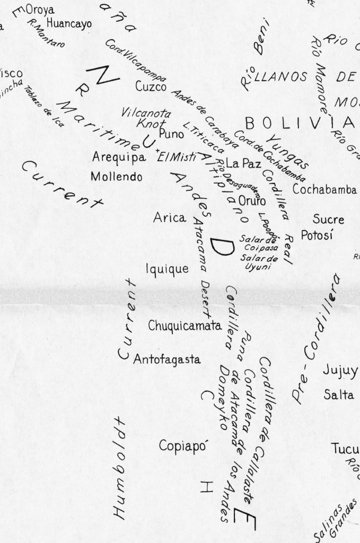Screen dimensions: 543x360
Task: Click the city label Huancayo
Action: (x=69, y=23)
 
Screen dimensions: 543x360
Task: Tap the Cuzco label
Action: (x=151, y=86)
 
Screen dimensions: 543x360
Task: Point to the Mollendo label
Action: (x=116, y=177)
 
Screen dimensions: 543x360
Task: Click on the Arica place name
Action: (x=170, y=217)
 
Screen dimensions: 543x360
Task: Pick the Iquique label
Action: (x=167, y=269)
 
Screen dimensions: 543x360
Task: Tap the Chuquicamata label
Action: (x=184, y=326)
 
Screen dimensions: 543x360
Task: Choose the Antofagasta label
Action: (x=167, y=360)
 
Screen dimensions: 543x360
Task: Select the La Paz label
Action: (x=243, y=163)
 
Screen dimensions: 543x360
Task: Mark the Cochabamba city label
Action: (x=324, y=190)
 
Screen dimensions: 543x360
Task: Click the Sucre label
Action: (x=328, y=219)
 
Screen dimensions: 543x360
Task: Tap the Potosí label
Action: (x=317, y=235)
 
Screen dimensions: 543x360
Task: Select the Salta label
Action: (x=339, y=395)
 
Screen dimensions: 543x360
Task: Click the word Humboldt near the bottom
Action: (x=119, y=467)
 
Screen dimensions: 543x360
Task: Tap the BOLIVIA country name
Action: (x=300, y=123)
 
